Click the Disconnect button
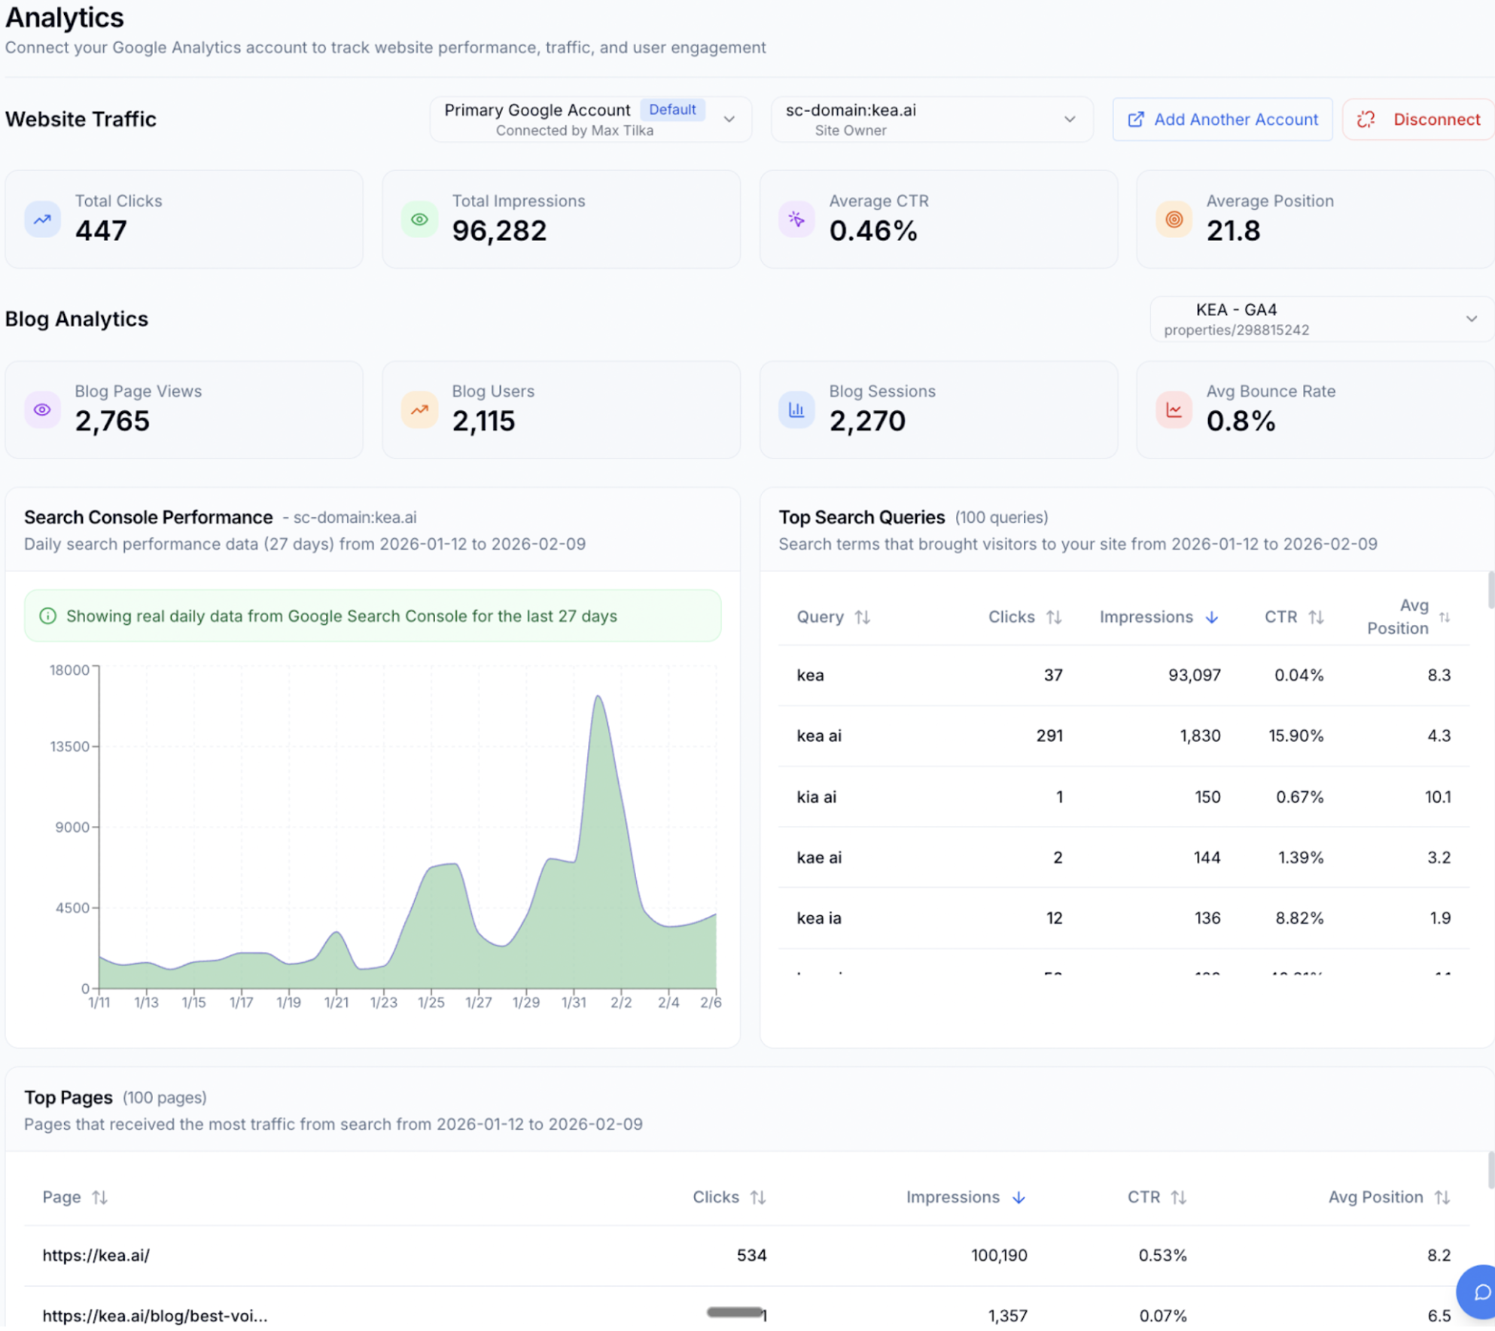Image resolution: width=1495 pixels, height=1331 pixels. (x=1418, y=119)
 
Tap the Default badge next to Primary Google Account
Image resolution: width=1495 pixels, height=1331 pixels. (x=671, y=110)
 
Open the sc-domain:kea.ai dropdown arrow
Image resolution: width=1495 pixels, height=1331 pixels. (x=1069, y=119)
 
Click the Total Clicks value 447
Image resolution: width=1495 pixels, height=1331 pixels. (x=101, y=230)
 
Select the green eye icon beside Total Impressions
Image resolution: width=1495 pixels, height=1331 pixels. (x=419, y=220)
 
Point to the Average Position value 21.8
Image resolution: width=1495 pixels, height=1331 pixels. (x=1233, y=230)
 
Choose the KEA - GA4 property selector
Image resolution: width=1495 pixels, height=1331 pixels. (x=1321, y=319)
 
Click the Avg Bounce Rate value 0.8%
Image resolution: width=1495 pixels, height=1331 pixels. (x=1241, y=421)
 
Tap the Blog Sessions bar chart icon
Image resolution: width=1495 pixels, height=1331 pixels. (x=796, y=410)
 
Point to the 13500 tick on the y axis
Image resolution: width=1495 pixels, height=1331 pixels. (x=69, y=746)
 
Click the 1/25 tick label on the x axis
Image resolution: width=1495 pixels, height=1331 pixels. (x=431, y=1003)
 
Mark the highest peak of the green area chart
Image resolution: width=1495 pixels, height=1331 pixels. (x=598, y=697)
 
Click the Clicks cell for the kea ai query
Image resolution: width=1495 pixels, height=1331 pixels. (x=1049, y=736)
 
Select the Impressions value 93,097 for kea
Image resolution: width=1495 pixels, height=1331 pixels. (x=1194, y=675)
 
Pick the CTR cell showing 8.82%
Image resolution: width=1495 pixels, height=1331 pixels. (x=1299, y=918)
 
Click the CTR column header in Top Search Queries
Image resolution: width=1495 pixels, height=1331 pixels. (x=1281, y=617)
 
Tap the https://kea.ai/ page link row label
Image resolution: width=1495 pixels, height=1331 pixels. (x=96, y=1255)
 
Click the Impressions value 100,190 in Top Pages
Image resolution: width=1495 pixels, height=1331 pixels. (x=999, y=1255)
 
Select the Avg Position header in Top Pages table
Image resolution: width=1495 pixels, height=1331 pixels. (x=1375, y=1197)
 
